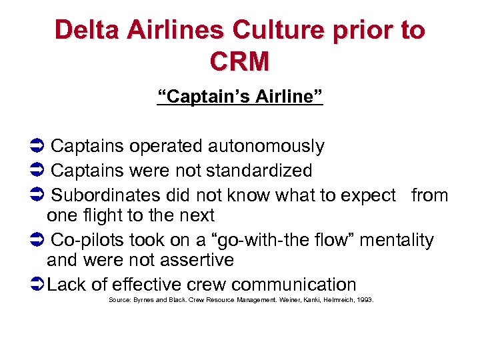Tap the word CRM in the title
[239, 61]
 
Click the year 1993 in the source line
[365, 301]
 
